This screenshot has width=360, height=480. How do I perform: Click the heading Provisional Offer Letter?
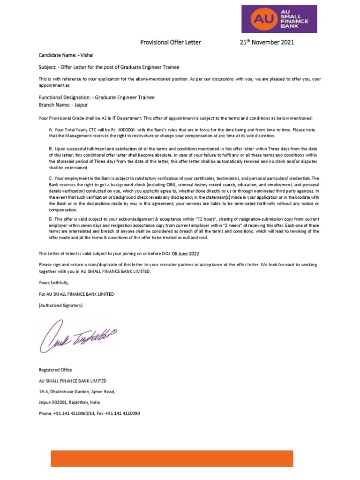pyautogui.click(x=171, y=43)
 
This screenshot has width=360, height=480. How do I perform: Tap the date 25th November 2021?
pyautogui.click(x=267, y=43)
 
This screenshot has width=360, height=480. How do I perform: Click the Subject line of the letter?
pyautogui.click(x=109, y=67)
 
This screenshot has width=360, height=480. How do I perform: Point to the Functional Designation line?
pyautogui.click(x=97, y=97)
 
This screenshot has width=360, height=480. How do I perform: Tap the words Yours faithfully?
pyautogui.click(x=53, y=283)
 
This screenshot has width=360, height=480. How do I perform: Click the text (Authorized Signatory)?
pyautogui.click(x=60, y=306)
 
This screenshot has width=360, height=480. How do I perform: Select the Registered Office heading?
pyautogui.click(x=55, y=370)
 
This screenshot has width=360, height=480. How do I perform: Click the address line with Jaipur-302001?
pyautogui.click(x=69, y=402)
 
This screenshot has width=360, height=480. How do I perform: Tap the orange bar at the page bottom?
pyautogui.click(x=172, y=458)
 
